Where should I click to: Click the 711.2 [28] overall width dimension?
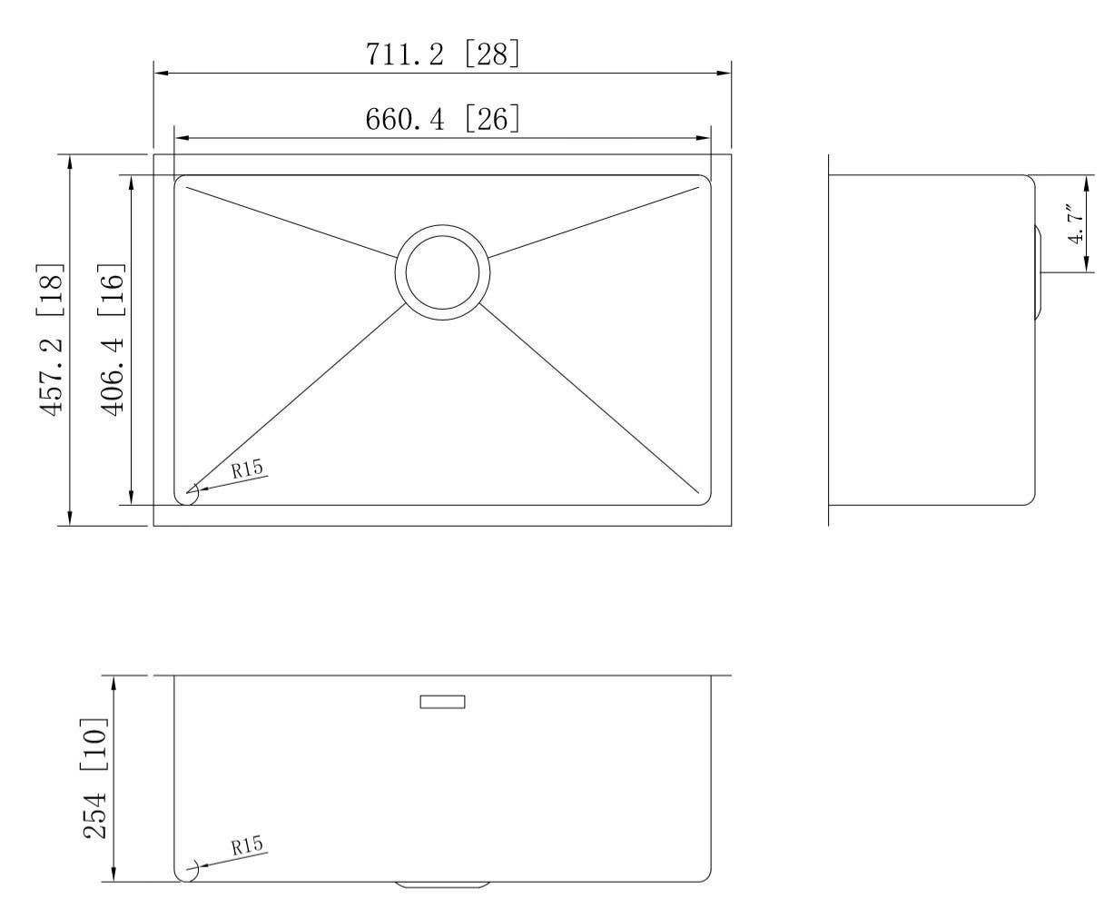[443, 54]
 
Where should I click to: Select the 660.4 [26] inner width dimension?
[443, 119]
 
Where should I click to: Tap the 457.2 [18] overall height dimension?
[52, 339]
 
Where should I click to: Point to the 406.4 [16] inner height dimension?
[113, 339]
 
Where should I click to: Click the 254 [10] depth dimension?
[96, 778]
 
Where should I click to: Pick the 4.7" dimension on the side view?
[1076, 223]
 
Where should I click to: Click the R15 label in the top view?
[247, 469]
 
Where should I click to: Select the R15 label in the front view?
[247, 846]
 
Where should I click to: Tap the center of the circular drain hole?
[442, 272]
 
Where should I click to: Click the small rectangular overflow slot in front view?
[442, 701]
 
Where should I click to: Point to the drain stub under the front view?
[442, 884]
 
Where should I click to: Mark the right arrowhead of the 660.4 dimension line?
[704, 138]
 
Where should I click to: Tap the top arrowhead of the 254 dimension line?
[113, 683]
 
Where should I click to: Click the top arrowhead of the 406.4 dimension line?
[133, 183]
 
